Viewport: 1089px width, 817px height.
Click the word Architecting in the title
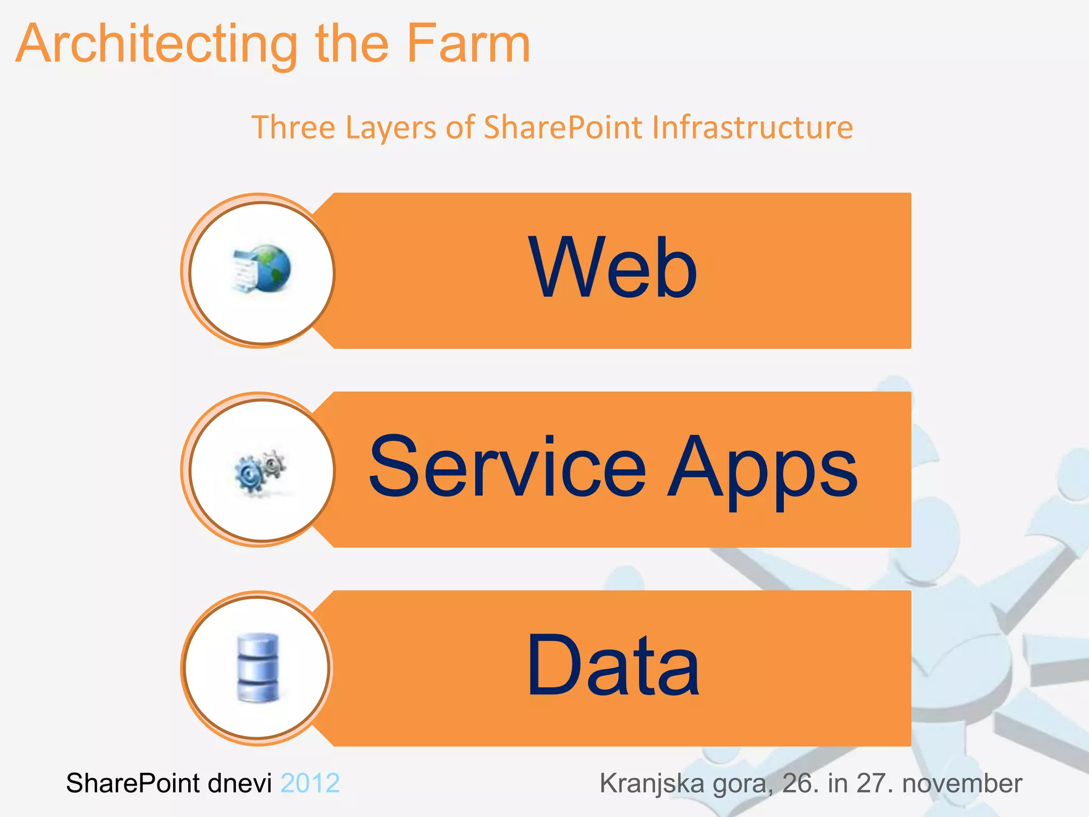[x=157, y=45]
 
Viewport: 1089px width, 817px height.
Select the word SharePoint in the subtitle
[x=563, y=128]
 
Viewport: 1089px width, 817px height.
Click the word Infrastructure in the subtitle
[x=752, y=128]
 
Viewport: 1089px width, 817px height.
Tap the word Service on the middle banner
[x=507, y=468]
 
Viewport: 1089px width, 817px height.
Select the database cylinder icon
[x=258, y=668]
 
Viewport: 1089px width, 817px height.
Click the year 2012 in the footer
[x=310, y=783]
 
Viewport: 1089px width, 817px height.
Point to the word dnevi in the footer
[x=239, y=783]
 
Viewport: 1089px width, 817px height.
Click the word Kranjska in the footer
[x=652, y=783]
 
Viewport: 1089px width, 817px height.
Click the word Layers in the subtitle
[x=391, y=128]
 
